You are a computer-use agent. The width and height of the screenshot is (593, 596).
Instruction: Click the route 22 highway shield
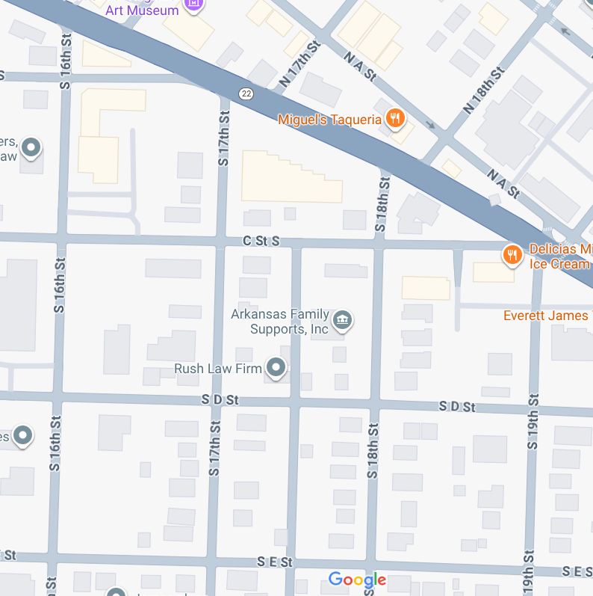[x=246, y=93]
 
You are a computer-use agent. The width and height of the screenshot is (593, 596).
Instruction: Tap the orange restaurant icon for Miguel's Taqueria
[x=395, y=117]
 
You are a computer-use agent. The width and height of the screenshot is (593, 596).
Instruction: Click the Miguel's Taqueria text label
[x=329, y=119]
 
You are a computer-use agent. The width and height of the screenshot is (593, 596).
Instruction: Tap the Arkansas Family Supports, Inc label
[x=279, y=322]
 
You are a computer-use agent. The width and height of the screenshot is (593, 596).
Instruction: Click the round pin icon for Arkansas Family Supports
[x=342, y=321]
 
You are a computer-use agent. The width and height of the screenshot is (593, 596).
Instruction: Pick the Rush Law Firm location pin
[x=277, y=368]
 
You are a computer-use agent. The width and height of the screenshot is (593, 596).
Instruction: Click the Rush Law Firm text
[x=217, y=369]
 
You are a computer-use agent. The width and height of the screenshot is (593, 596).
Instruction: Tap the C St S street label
[x=261, y=241]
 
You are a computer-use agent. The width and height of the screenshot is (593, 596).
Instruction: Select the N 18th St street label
[x=483, y=90]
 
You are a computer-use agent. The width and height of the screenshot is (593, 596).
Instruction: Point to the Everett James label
[x=545, y=316]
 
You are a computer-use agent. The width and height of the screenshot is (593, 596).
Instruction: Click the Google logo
[x=357, y=580]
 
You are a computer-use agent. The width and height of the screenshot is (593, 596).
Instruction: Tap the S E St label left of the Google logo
[x=274, y=562]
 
